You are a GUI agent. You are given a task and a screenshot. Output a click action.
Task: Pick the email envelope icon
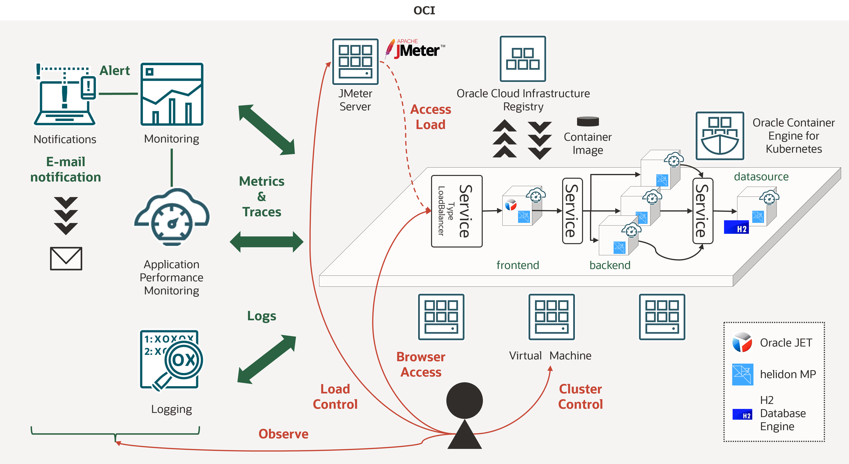[x=66, y=259]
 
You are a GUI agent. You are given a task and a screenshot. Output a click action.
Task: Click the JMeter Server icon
[x=355, y=62]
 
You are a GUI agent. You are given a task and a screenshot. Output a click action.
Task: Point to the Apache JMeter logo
[x=416, y=50]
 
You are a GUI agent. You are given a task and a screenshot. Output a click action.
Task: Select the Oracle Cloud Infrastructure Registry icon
[x=523, y=59]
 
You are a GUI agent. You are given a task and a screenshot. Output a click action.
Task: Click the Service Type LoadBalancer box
[x=456, y=211]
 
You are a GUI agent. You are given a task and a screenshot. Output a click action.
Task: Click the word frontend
[x=517, y=265]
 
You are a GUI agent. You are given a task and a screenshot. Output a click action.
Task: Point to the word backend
[x=610, y=265]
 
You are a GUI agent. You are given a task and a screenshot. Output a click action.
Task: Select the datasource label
[x=761, y=177]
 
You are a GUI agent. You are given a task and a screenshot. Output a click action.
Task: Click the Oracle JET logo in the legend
[x=742, y=342]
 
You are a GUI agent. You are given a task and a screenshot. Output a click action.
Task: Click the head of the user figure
[x=464, y=400]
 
